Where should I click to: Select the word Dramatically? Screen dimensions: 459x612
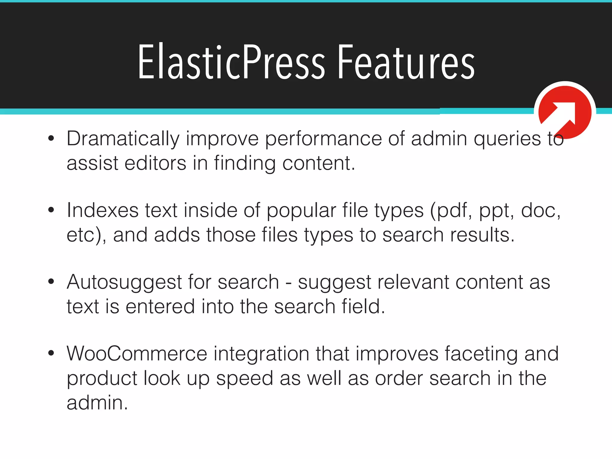click(123, 139)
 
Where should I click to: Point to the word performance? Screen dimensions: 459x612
click(323, 139)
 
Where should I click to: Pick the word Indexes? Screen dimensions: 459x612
click(102, 210)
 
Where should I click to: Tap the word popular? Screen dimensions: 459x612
click(301, 210)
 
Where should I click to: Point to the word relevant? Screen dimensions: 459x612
click(413, 282)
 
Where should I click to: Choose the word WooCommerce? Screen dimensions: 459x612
click(137, 354)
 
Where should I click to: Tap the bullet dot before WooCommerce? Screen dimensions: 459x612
click(51, 353)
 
